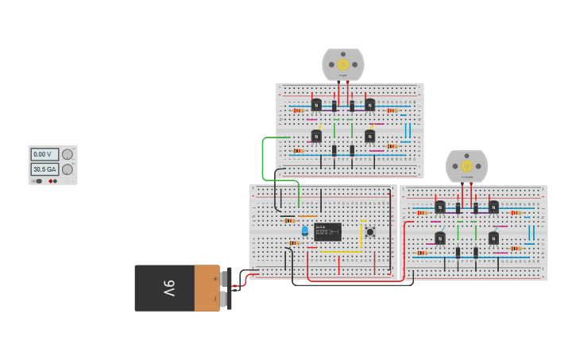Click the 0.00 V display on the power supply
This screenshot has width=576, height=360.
pos(44,155)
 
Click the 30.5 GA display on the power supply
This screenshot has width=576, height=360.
pos(44,169)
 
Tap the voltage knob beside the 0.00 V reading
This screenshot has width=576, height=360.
pos(68,155)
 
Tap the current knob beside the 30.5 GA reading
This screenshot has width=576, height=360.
pos(68,169)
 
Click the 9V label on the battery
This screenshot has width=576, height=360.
pos(168,288)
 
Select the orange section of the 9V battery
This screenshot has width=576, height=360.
pos(207,288)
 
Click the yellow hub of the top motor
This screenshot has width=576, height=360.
pos(343,64)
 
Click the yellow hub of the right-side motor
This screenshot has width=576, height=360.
pos(466,166)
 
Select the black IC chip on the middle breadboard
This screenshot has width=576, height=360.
pos(327,232)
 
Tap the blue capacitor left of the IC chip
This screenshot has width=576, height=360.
pos(304,230)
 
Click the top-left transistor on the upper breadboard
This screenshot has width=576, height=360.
pos(316,105)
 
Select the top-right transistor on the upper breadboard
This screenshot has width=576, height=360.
pos(369,105)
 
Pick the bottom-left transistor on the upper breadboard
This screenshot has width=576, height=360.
pos(316,136)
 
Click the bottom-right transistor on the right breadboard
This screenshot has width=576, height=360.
pos(493,238)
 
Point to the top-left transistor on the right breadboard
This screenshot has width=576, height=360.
pos(439,207)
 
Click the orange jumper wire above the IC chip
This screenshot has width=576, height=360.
pos(307,216)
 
